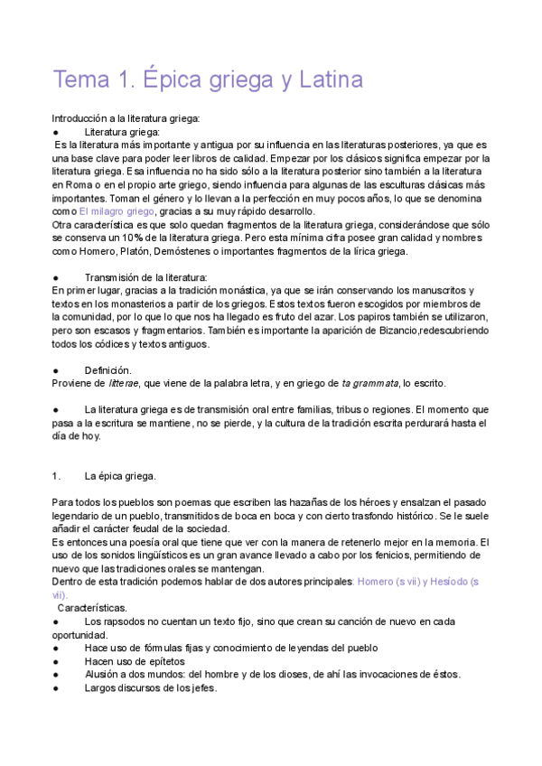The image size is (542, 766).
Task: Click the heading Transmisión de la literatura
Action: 146,277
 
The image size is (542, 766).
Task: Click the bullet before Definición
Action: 56,370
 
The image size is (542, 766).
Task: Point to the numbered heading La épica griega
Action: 120,476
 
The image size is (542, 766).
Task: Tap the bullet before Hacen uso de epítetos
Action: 56,661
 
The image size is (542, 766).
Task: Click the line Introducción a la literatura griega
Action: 126,118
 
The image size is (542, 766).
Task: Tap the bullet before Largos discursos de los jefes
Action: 56,687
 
